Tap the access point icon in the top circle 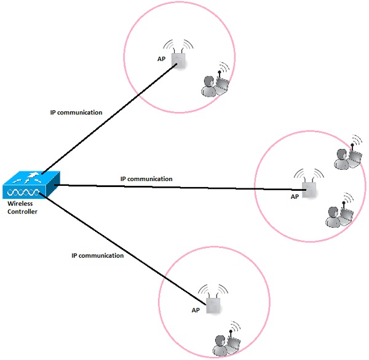click(179, 60)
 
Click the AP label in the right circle click(295, 197)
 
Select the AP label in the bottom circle click(196, 311)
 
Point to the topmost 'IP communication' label click(76, 113)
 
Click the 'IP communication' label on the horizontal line click(146, 178)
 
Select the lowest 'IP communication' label click(98, 255)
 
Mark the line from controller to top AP click(111, 117)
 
